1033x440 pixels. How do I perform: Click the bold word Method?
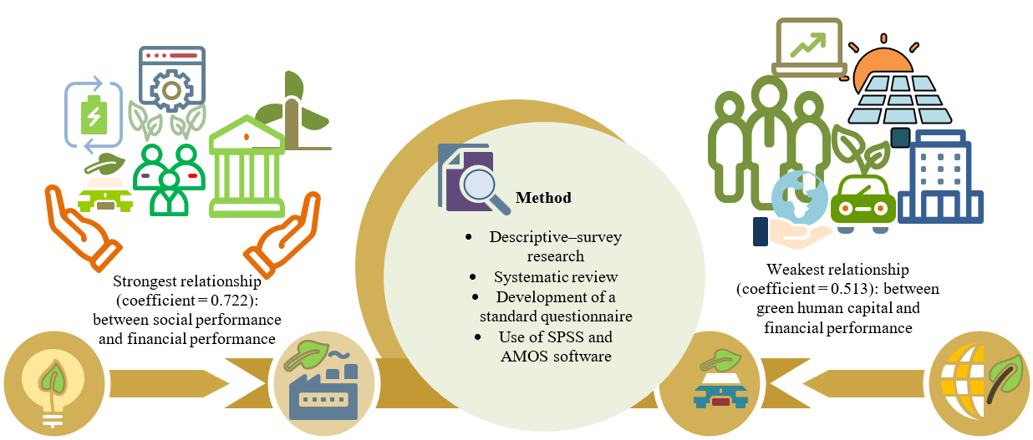(543, 198)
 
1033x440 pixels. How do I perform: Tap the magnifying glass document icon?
(471, 178)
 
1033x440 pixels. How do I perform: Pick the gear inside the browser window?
(171, 89)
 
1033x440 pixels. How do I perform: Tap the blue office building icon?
(940, 180)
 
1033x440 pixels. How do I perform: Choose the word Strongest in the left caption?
(142, 283)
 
